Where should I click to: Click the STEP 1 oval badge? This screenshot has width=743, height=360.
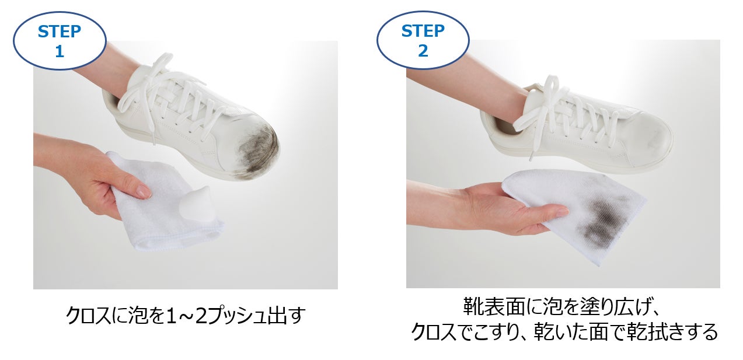pos(60,41)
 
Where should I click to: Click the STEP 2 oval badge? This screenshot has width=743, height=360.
pos(423,40)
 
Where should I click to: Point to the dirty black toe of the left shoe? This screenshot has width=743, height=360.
pos(259,149)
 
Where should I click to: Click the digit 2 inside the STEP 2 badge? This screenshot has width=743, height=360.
pos(423,51)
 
